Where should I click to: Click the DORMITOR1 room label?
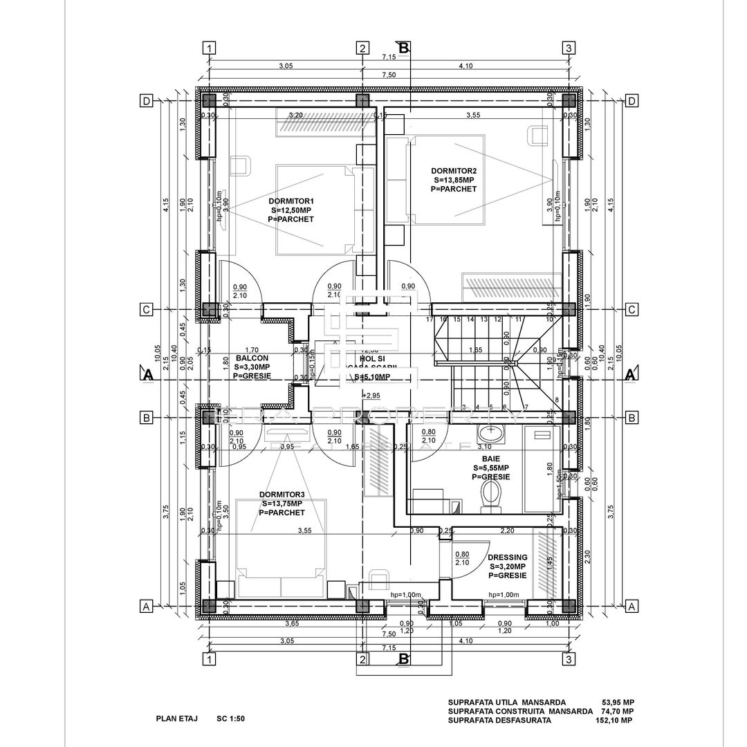[290, 201]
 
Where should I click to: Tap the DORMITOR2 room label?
[454, 170]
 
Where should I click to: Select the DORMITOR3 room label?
[282, 495]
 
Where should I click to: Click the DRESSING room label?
[507, 557]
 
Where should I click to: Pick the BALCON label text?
[247, 358]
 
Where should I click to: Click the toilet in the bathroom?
[490, 495]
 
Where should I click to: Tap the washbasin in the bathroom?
[492, 435]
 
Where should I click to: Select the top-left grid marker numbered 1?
[210, 48]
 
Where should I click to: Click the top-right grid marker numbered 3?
[568, 48]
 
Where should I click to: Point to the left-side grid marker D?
[147, 101]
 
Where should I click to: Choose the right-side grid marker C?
[631, 310]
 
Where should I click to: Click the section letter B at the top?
[405, 47]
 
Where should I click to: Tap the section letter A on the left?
[147, 376]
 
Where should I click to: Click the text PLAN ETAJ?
[177, 719]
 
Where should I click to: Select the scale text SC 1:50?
[230, 719]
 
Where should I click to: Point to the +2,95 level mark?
[371, 396]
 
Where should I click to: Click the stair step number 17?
[430, 320]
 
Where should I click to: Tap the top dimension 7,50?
[388, 75]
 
